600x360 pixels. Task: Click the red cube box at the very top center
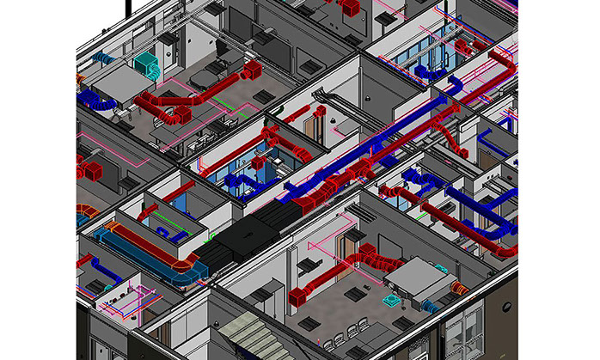[x=349, y=8]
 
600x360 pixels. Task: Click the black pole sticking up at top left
[x=129, y=7]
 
